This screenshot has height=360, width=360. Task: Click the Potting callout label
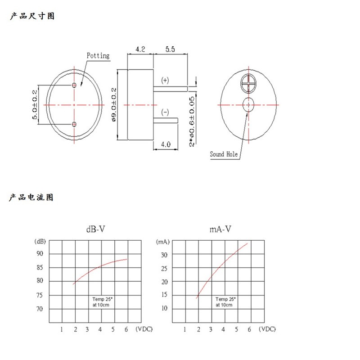pos(98,56)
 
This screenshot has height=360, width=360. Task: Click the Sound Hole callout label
pos(224,154)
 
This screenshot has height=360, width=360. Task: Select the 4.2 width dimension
pos(140,49)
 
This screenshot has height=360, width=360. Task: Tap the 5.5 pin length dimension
pos(170,49)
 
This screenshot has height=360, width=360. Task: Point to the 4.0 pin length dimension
pos(166,144)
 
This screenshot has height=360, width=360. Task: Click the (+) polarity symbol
pos(165,80)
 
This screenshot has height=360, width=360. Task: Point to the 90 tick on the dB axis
pos(40,254)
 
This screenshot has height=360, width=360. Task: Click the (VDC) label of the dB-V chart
pos(144,329)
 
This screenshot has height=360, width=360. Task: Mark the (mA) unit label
pos(163,242)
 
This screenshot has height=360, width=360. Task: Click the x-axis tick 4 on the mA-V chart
pos(223,329)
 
